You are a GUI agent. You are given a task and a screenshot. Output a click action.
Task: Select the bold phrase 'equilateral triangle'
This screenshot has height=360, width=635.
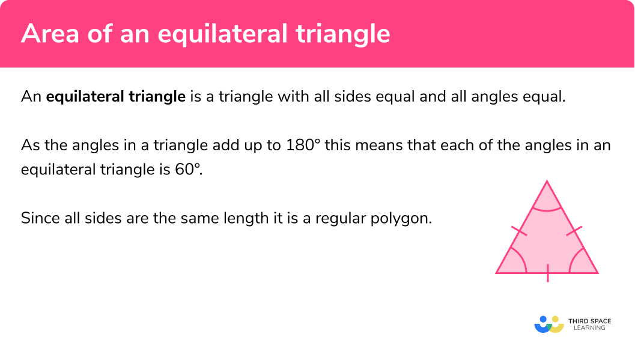click(x=116, y=96)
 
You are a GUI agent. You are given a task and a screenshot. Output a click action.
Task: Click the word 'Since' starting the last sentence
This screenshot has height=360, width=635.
click(x=37, y=218)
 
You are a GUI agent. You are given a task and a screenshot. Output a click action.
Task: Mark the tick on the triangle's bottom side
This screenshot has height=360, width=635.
click(x=547, y=273)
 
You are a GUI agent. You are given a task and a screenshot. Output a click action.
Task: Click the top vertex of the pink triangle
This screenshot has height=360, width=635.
click(x=547, y=181)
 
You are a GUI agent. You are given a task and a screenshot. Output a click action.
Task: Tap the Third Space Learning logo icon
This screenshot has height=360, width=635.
click(x=548, y=324)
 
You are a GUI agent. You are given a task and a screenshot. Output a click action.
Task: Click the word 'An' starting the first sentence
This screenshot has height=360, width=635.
click(x=30, y=96)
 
